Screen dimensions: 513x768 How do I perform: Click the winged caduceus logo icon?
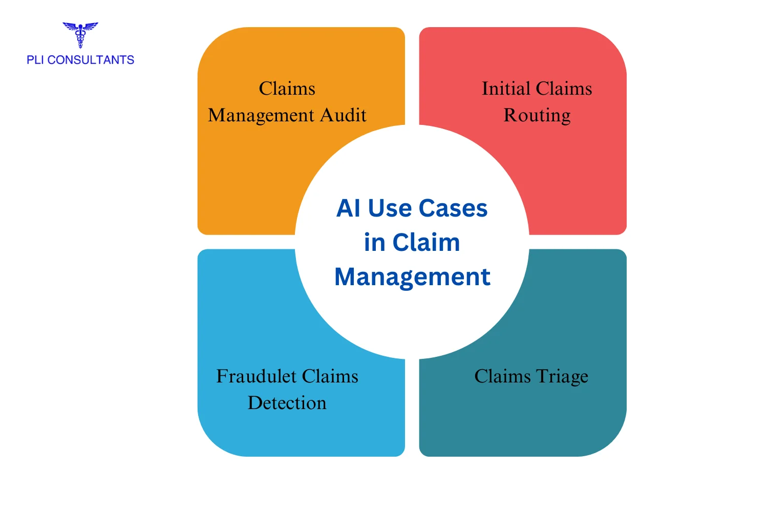click(x=80, y=34)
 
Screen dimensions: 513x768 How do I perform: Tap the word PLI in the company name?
click(x=35, y=60)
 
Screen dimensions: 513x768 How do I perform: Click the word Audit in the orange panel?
click(x=343, y=115)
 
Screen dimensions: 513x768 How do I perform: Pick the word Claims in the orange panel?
click(x=287, y=89)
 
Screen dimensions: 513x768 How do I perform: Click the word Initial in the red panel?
click(x=506, y=89)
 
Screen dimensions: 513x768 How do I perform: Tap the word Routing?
click(x=537, y=115)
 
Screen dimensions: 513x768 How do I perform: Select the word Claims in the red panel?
click(x=564, y=89)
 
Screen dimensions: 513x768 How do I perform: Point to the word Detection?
click(x=287, y=403)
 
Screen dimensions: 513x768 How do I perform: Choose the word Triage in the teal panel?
click(x=562, y=376)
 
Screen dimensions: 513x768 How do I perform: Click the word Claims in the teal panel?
click(x=502, y=376)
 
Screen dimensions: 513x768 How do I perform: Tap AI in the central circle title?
click(x=348, y=208)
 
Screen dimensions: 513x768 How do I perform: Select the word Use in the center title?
click(x=390, y=208)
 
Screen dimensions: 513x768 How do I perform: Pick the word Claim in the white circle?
click(x=426, y=243)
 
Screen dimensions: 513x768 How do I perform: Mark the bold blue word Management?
click(x=412, y=277)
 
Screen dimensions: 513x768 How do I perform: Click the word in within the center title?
click(x=374, y=243)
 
